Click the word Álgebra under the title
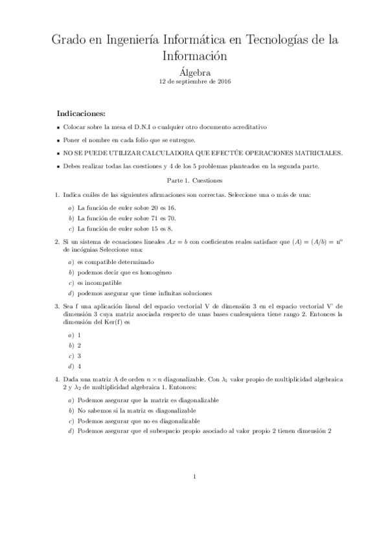point(194,73)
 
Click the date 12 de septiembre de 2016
point(194,82)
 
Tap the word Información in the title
point(194,56)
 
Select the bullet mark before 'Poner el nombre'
point(58,140)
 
